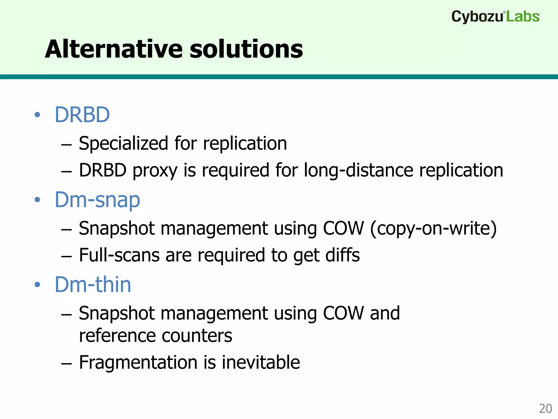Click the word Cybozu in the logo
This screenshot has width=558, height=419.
(x=477, y=17)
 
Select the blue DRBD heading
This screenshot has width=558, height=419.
(x=82, y=115)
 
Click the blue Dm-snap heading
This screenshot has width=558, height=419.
(x=97, y=200)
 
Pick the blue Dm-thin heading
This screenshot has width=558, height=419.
(x=93, y=285)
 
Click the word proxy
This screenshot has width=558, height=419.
(x=155, y=170)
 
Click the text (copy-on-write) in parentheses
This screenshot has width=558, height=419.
(x=433, y=228)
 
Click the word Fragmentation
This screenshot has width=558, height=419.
(x=138, y=363)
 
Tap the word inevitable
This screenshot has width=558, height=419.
(x=261, y=363)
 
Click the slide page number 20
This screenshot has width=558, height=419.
(x=545, y=409)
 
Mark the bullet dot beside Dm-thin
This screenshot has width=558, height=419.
(x=37, y=285)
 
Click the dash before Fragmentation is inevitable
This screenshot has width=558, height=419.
(x=66, y=363)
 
